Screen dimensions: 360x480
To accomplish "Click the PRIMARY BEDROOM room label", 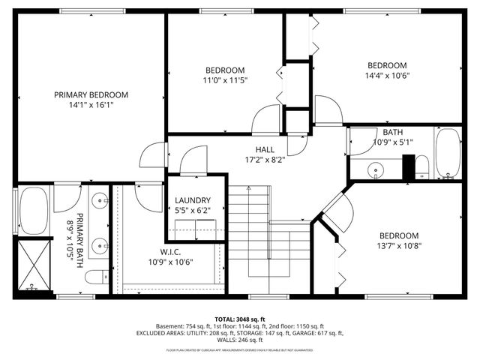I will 91,94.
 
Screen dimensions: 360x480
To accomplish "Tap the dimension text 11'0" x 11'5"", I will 224,79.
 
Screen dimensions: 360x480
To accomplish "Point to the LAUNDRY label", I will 193,200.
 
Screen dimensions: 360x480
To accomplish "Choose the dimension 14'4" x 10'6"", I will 386,76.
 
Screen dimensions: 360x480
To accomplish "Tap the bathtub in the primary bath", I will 34,211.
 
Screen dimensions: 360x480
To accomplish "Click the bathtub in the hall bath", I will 448,154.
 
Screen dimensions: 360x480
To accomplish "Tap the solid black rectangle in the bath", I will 409,167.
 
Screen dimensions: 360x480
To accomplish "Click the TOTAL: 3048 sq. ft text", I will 239,318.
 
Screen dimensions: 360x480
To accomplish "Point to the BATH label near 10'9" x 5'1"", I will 392,132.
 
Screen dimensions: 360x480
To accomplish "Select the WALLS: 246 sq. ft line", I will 239,340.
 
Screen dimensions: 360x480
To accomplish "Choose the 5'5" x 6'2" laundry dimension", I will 193,211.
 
